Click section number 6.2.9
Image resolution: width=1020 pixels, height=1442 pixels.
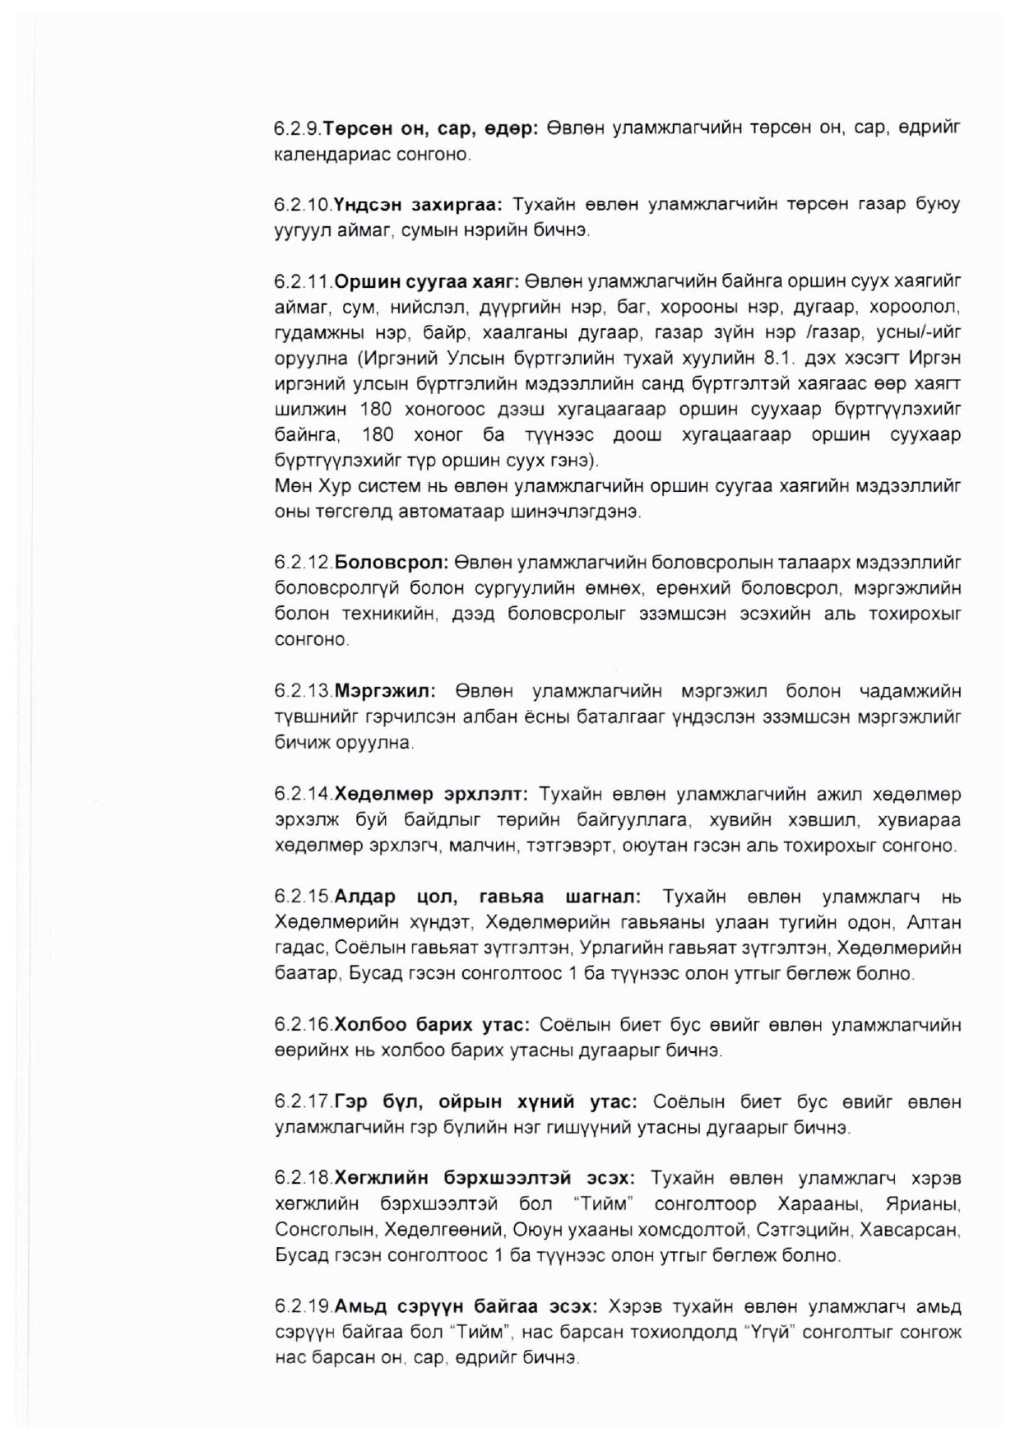tap(298, 129)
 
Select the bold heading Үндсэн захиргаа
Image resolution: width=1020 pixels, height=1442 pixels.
tap(421, 205)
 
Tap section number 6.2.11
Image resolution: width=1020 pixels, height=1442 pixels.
tap(303, 282)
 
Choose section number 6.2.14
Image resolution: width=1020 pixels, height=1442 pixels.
tap(303, 795)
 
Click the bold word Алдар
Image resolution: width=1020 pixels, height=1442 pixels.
tap(364, 897)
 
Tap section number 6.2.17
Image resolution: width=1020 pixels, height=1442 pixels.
tap(303, 1101)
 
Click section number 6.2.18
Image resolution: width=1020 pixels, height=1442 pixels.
tap(303, 1179)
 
